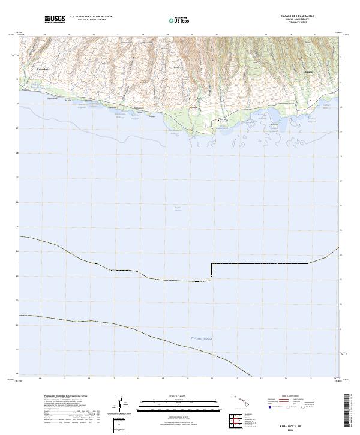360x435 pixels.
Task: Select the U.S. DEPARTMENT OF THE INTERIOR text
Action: tap(91, 17)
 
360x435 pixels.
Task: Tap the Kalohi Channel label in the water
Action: tap(177, 209)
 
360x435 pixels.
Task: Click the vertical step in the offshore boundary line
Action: tap(211, 272)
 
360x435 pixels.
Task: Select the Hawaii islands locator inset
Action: tap(245, 400)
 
